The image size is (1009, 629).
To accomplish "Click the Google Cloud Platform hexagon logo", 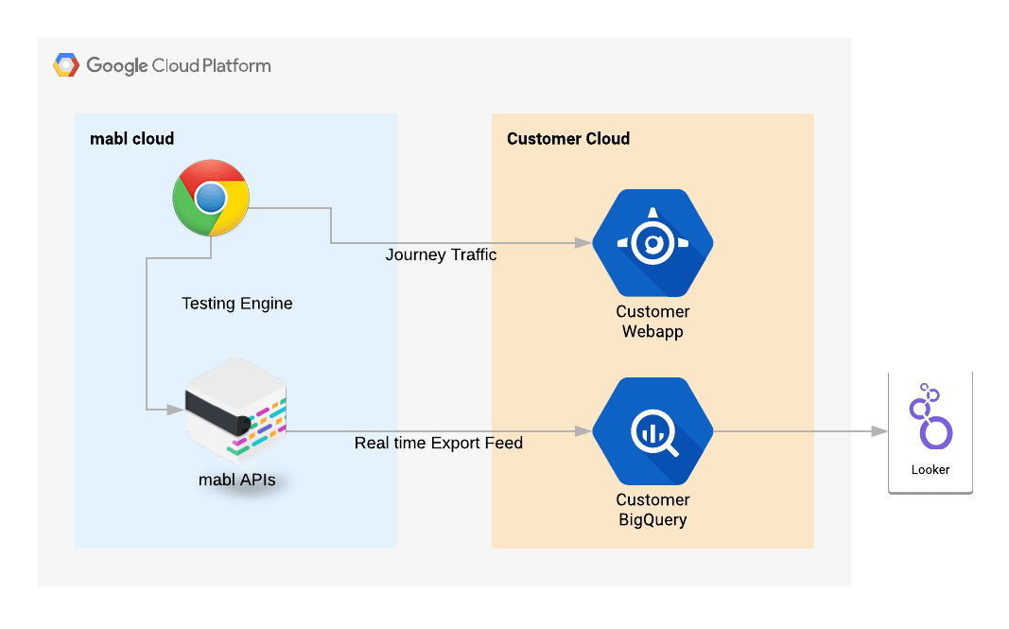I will tap(66, 65).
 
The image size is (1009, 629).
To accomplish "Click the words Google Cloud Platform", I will tap(179, 65).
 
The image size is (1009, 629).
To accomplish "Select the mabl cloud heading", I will tap(131, 139).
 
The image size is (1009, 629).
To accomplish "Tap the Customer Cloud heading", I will tap(567, 139).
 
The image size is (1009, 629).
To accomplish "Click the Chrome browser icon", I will tap(211, 198).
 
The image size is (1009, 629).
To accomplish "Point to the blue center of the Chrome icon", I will tap(211, 198).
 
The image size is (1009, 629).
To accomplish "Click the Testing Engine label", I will tap(236, 304).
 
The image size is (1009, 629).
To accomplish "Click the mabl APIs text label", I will tap(236, 480).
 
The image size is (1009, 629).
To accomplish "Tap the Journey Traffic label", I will tap(441, 255).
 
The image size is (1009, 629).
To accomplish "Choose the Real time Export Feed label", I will tap(438, 443).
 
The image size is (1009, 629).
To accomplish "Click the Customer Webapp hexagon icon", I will tap(652, 244).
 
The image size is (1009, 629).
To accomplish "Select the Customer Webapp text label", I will tap(652, 322).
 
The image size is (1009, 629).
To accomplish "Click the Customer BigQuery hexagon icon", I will tap(652, 431).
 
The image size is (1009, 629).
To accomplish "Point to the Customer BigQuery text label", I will tap(652, 510).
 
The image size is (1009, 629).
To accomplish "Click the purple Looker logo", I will tap(930, 417).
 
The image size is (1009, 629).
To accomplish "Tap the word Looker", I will tap(930, 469).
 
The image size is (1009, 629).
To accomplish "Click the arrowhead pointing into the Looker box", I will tap(879, 431).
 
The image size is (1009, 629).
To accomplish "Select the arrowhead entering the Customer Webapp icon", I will tap(583, 243).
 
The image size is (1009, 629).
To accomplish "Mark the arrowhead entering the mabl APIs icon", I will tap(175, 410).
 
